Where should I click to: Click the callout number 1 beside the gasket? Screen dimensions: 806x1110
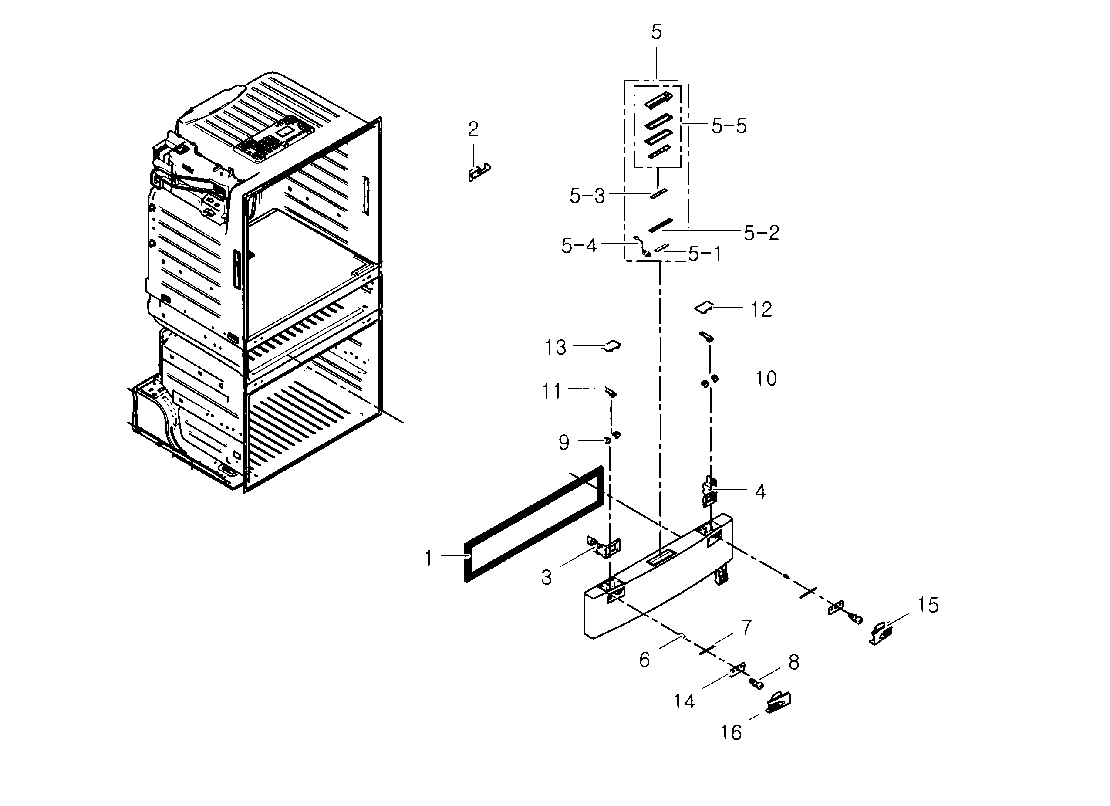pos(428,558)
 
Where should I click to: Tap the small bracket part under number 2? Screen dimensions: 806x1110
pos(479,172)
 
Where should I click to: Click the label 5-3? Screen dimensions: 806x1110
pos(587,196)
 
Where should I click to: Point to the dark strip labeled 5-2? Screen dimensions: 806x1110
pos(661,225)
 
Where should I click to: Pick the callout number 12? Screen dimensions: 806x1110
pos(761,309)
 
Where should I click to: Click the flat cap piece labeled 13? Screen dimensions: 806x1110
pos(612,345)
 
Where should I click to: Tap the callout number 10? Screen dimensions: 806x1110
pos(766,379)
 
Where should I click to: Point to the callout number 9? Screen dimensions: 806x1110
pos(564,443)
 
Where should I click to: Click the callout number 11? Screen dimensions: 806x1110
pos(551,392)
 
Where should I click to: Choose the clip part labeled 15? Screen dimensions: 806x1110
pos(881,634)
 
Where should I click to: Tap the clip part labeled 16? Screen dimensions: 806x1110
pos(778,703)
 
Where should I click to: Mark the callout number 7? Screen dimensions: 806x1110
pos(746,627)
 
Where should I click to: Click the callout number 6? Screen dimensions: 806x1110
pos(644,660)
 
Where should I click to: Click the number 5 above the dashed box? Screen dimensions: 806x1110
pos(656,32)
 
